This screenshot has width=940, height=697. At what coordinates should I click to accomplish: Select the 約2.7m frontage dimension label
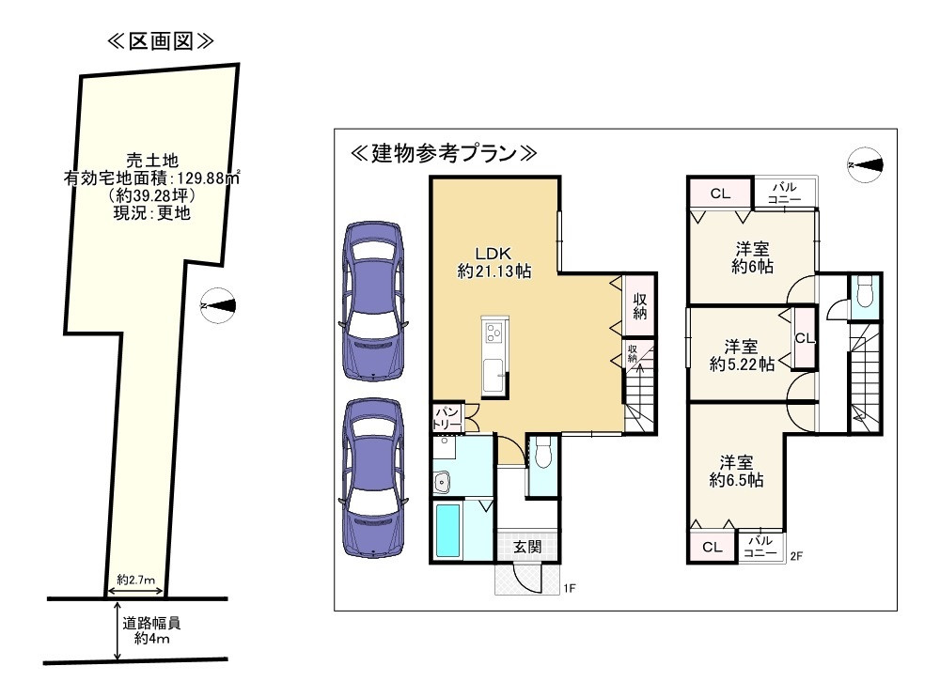pos(136,580)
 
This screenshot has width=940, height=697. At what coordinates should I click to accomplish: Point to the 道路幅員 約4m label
pos(149,630)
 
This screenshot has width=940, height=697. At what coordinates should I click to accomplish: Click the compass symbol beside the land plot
pos(220,304)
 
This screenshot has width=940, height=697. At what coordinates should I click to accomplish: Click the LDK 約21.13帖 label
pos(493,262)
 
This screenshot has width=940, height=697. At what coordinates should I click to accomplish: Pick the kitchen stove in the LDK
pos(493,333)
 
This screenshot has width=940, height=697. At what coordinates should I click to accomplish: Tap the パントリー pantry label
pos(447,418)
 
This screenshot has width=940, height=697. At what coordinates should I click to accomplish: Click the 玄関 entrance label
pos(527,547)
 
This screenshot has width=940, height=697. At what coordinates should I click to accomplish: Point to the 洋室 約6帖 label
pos(752,257)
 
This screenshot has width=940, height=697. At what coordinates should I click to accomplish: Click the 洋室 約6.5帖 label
pos(736,471)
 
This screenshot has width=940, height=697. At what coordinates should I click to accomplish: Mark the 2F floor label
pos(795,556)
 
